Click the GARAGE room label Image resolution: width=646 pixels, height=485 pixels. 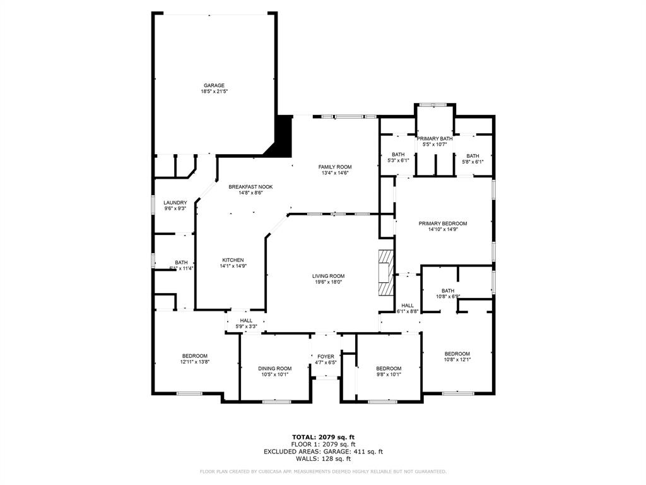[x=214, y=85]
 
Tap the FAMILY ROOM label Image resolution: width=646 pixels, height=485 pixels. [x=334, y=167]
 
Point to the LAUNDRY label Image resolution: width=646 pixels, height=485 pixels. [x=175, y=203]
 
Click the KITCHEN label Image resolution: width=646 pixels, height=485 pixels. [x=232, y=260]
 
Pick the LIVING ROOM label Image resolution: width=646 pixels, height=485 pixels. [x=328, y=276]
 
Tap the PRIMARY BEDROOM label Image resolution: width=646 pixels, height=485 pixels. [x=443, y=224]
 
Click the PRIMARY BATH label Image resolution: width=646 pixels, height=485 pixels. [x=435, y=138]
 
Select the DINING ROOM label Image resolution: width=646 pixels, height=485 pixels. [x=274, y=368]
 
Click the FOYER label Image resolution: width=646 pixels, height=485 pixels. [x=326, y=357]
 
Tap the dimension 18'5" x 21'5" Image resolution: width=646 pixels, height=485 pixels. [x=214, y=92]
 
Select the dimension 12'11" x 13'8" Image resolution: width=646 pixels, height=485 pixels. [x=194, y=362]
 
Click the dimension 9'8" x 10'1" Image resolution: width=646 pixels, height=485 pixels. [x=389, y=374]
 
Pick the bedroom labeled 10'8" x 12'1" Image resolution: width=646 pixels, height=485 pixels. [x=457, y=354]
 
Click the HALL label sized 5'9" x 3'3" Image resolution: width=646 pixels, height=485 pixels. [x=246, y=321]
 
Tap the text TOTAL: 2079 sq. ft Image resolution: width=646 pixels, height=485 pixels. [x=322, y=437]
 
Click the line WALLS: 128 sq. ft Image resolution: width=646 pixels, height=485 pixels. [x=322, y=459]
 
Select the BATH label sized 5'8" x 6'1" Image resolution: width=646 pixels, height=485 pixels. [x=473, y=156]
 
